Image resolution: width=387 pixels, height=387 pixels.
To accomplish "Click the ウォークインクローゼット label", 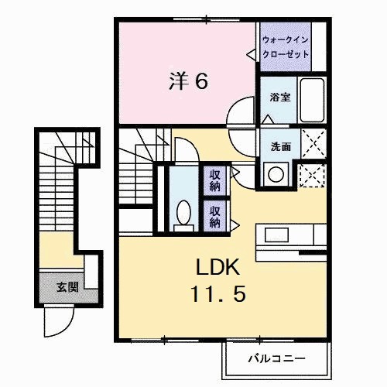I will coord(286,46).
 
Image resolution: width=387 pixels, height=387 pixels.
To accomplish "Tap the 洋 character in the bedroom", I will coord(177,80).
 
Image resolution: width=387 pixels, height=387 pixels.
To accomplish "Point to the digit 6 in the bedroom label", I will coord(201,80).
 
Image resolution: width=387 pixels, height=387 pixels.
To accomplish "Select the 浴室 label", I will coord(279,98).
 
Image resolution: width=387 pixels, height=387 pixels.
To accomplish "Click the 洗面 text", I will coord(280,146).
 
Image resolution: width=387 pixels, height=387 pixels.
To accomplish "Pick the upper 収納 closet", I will coord(214,180).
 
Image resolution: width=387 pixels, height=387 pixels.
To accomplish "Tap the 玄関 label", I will coord(66,287).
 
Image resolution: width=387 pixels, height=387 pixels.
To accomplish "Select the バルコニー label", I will coord(276,358).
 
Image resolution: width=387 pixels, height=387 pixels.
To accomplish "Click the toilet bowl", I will coord(183,212).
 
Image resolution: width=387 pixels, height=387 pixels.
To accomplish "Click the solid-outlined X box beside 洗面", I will coord(313,144).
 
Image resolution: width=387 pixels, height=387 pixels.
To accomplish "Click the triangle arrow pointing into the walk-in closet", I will coord(251,55).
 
